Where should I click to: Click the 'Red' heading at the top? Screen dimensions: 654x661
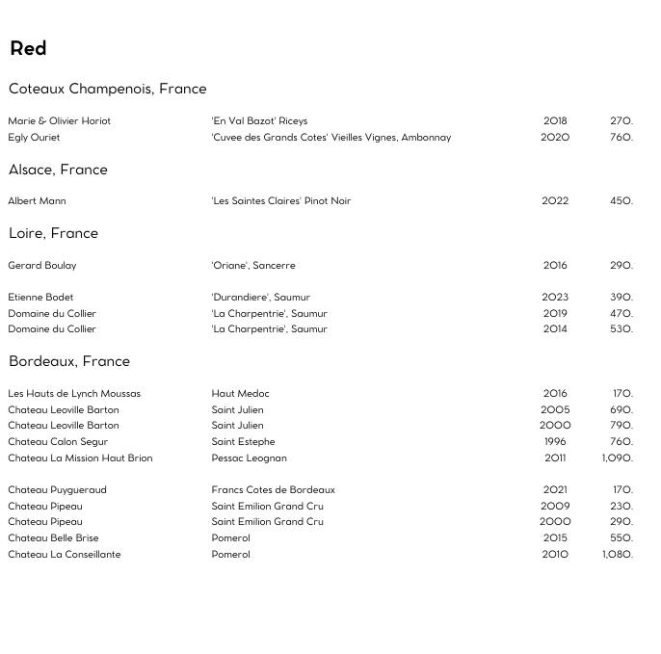pos(28,48)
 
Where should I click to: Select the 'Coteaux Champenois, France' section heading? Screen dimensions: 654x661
pos(107,89)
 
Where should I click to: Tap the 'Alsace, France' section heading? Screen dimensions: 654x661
pos(58,170)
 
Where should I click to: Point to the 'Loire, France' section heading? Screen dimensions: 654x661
pos(53,233)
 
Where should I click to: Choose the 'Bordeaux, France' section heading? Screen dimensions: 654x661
pos(68,361)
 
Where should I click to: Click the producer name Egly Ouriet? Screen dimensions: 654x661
pos(34,137)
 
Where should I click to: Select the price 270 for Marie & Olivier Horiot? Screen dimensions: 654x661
pos(621,120)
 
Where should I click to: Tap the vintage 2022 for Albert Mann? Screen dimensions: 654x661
pos(555,200)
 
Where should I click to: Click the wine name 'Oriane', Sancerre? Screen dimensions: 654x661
pos(253,265)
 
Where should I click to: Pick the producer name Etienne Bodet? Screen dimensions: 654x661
pos(40,297)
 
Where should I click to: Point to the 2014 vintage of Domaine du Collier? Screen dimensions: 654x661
pos(555,328)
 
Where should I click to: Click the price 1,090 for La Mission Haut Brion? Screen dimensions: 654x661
pos(617,458)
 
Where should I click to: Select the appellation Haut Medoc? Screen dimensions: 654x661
pos(240,393)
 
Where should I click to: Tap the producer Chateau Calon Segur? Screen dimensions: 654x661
pos(58,441)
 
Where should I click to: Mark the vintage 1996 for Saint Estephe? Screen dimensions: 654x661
pos(555,441)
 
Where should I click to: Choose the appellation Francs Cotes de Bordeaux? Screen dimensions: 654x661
pos(273,489)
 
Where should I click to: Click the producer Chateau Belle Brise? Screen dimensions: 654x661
pos(53,537)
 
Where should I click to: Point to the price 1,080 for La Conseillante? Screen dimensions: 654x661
pos(617,554)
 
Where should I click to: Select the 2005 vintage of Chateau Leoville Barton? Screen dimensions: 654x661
pos(555,409)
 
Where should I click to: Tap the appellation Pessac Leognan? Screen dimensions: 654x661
pos(249,458)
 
